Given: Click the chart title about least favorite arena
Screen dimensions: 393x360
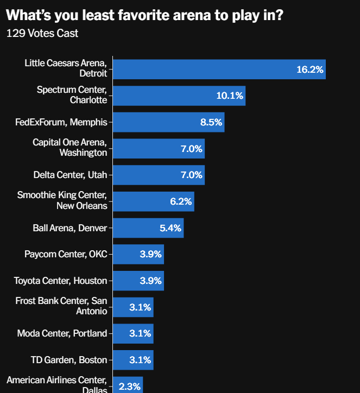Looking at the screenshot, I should pyautogui.click(x=144, y=14).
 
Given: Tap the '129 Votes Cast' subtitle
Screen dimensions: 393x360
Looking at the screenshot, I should pyautogui.click(x=42, y=34).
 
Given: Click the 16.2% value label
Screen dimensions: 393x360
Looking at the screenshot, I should pyautogui.click(x=310, y=69).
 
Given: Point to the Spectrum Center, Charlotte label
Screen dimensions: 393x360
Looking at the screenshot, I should pyautogui.click(x=72, y=95).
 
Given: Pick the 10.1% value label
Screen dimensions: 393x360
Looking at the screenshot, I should pyautogui.click(x=230, y=96).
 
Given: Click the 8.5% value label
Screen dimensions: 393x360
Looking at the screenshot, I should pyautogui.click(x=211, y=122).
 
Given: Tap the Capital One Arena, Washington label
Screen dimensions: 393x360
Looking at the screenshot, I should pyautogui.click(x=70, y=148).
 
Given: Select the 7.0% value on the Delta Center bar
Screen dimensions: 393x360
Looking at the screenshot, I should pyautogui.click(x=191, y=175).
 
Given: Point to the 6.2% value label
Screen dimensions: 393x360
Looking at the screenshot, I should pyautogui.click(x=181, y=201).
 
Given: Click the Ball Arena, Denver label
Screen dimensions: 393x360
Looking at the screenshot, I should pyautogui.click(x=70, y=227).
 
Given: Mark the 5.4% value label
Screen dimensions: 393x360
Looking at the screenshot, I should pyautogui.click(x=170, y=228).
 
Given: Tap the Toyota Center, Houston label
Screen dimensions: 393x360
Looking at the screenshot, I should pyautogui.click(x=60, y=281).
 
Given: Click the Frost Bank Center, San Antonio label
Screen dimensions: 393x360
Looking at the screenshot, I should pyautogui.click(x=61, y=306).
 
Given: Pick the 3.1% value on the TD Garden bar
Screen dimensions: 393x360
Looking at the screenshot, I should pyautogui.click(x=140, y=360).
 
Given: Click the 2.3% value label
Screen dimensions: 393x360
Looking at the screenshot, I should pyautogui.click(x=130, y=386).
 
